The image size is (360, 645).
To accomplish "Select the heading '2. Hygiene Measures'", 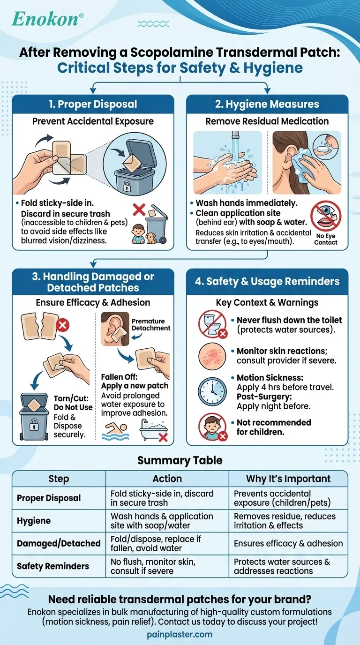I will pyautogui.click(x=267, y=104).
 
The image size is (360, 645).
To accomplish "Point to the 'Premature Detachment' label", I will pyautogui.click(x=148, y=324).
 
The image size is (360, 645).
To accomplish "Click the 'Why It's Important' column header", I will pyautogui.click(x=288, y=479).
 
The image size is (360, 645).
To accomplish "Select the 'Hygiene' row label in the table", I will pyautogui.click(x=34, y=521).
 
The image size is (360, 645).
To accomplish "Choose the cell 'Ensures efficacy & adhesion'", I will pyautogui.click(x=288, y=543).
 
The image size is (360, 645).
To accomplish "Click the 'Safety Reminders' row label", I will pyautogui.click(x=52, y=566).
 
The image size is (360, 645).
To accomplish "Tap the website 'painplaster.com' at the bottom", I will pyautogui.click(x=180, y=635).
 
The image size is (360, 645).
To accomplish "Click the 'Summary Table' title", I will pyautogui.click(x=180, y=460).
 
